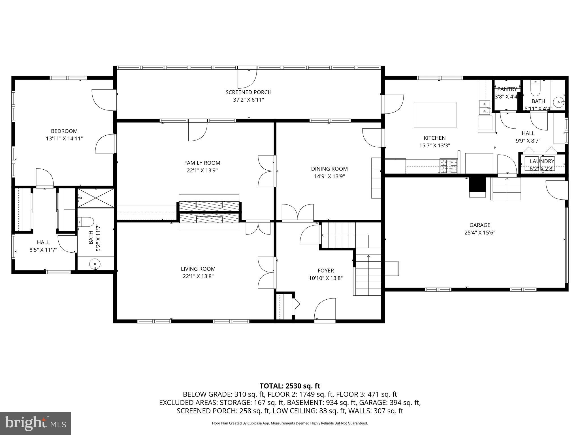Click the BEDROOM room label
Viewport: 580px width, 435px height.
point(64,131)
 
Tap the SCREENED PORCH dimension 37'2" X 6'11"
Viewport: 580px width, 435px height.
point(248,100)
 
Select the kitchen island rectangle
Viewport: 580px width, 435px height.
point(435,115)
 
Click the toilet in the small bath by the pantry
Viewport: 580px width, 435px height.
point(535,89)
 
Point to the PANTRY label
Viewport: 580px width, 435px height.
point(507,89)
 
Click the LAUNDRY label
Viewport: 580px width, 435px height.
point(542,161)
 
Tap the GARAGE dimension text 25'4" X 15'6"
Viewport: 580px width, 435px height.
point(479,233)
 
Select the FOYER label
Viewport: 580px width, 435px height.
point(326,270)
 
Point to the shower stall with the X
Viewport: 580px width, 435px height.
point(96,198)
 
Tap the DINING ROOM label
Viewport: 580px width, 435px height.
point(329,169)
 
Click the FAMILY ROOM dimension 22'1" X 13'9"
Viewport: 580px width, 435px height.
point(202,170)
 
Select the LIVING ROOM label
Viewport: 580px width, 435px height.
point(198,269)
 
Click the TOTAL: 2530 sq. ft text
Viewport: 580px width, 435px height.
point(290,386)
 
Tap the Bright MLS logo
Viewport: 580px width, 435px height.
point(35,423)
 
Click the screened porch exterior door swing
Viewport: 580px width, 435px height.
point(247,78)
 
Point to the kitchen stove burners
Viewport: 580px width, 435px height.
point(449,166)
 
